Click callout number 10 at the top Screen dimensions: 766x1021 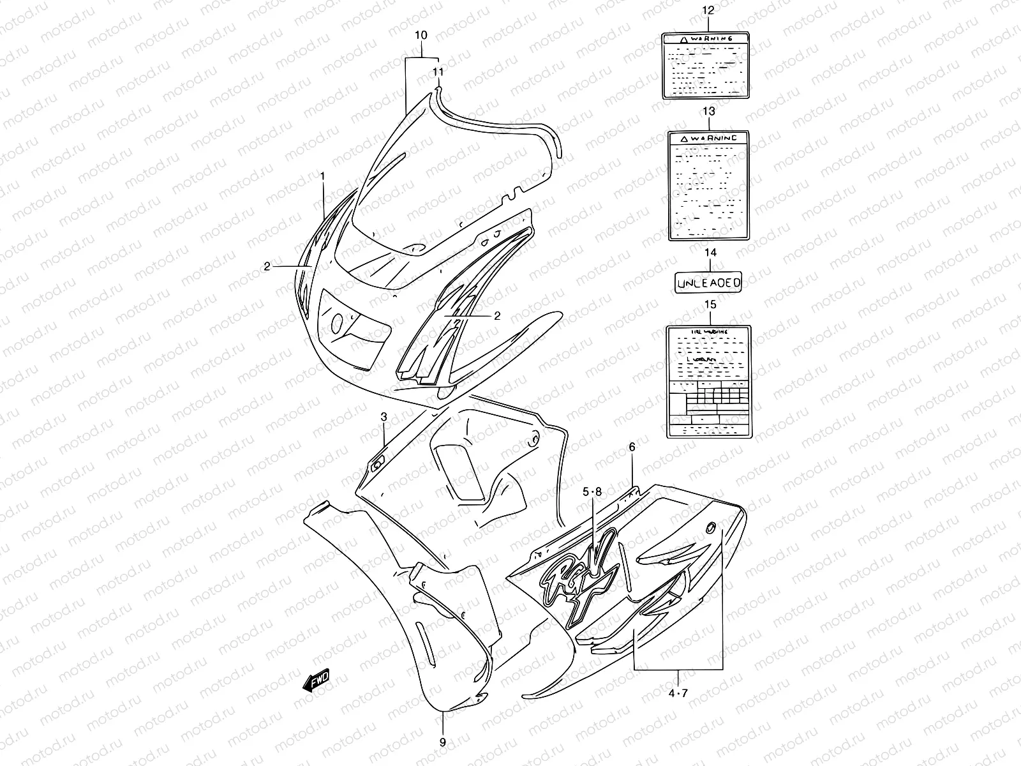click(421, 35)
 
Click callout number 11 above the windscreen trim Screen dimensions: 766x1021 click(438, 71)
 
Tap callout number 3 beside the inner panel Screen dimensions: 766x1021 click(384, 417)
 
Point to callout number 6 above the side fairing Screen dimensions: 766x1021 click(632, 447)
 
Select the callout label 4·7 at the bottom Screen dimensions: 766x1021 click(678, 692)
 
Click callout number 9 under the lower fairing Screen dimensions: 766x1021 click(443, 742)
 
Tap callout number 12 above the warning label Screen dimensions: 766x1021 click(708, 11)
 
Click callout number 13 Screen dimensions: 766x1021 click(708, 111)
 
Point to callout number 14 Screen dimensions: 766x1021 click(710, 253)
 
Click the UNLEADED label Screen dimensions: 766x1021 click(708, 281)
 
